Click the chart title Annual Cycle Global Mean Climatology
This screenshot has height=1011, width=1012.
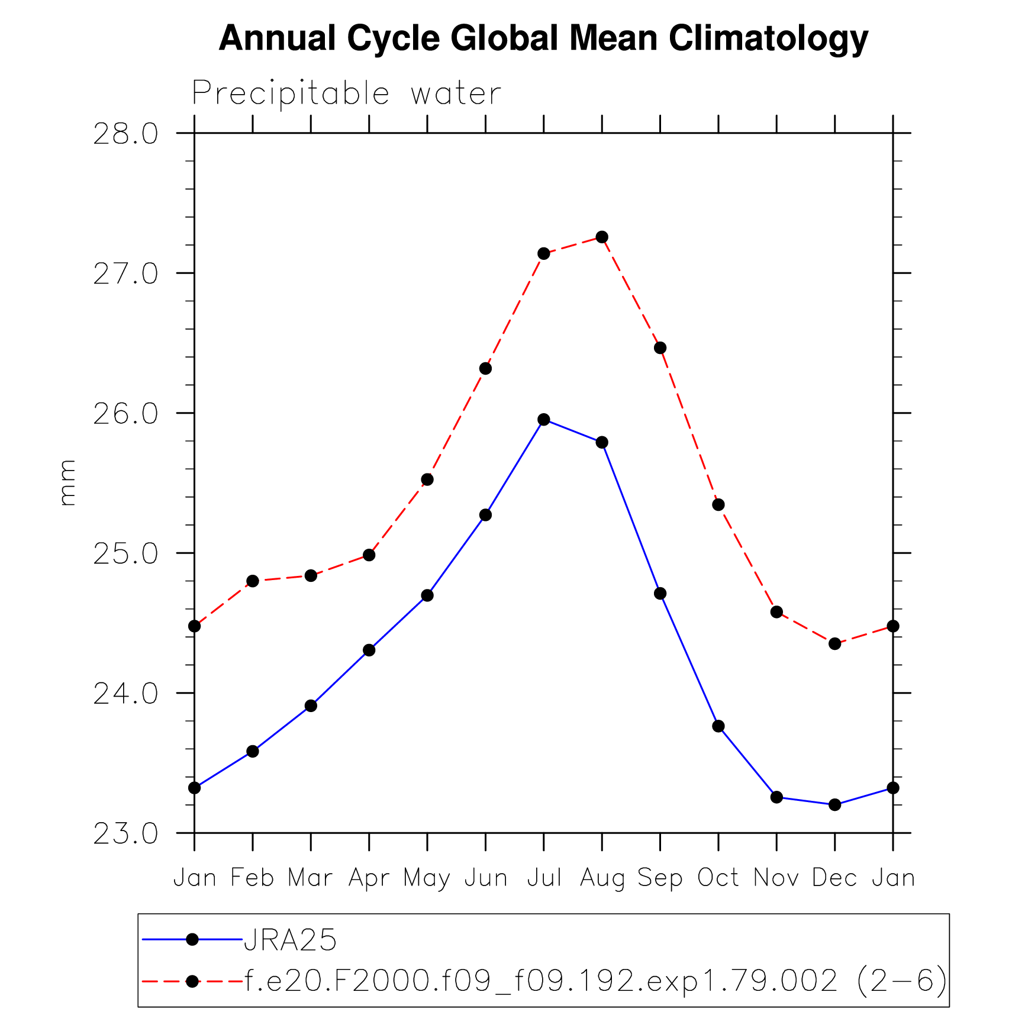pos(543,39)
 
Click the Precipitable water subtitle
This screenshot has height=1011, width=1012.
pos(347,94)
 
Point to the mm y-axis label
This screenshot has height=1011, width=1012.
pos(67,482)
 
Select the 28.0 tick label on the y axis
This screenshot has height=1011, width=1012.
pos(126,134)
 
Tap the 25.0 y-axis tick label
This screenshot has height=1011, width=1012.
pos(126,554)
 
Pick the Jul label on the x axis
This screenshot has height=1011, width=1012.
pos(544,877)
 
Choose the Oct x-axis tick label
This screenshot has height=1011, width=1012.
pos(718,877)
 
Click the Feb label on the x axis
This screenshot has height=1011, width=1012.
pos(252,877)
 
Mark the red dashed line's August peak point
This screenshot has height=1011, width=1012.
pos(602,237)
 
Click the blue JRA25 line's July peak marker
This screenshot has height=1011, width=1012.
pos(544,420)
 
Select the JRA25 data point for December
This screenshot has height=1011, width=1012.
pos(834,804)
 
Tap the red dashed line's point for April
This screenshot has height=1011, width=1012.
pos(369,555)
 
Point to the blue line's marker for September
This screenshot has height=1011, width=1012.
pos(660,594)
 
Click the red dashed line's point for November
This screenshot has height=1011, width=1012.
pos(776,612)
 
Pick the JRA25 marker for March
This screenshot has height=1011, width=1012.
pos(311,706)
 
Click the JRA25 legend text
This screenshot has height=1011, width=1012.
pos(290,939)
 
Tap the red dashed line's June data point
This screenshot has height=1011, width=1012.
pos(485,369)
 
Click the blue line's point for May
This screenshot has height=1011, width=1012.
pos(427,595)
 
